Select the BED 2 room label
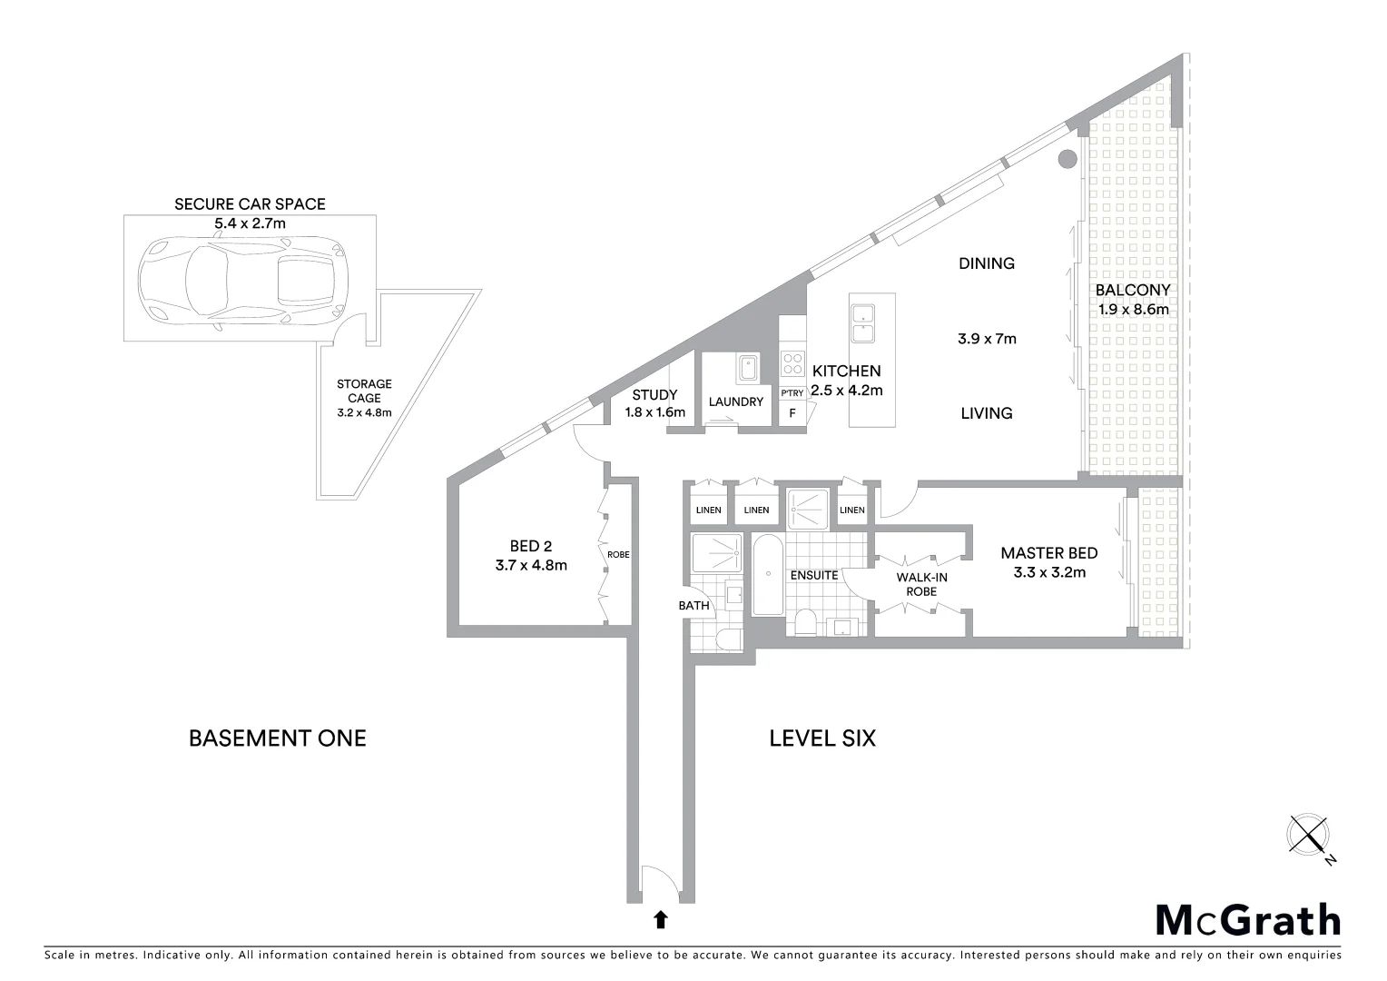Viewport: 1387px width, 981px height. (531, 546)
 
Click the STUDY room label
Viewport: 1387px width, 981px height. (654, 395)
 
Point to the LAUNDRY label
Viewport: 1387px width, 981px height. (736, 401)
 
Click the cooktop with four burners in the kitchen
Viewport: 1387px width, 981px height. (792, 363)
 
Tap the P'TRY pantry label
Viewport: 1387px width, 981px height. (792, 393)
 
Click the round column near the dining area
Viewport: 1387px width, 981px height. (1067, 158)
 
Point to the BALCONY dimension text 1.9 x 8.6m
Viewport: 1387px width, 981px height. (1133, 309)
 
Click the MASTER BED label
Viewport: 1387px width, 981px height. (1048, 552)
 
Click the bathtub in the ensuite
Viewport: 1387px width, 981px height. (767, 575)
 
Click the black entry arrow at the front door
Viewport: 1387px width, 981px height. (661, 920)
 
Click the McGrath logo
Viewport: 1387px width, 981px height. (1247, 920)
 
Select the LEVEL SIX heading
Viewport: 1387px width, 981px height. (822, 738)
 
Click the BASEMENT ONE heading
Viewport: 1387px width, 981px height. (277, 738)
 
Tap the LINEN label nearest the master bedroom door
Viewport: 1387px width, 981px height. (851, 510)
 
